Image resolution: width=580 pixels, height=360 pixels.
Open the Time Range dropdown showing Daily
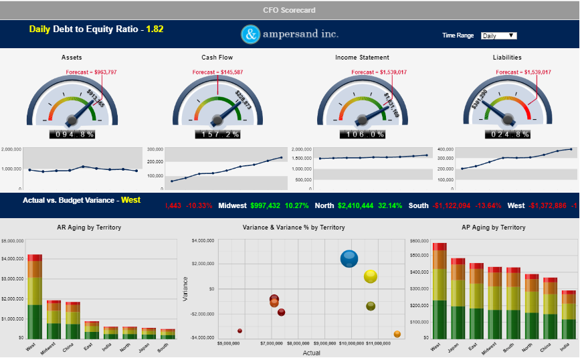coord(499,35)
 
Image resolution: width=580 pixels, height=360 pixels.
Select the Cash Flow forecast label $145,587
coord(217,72)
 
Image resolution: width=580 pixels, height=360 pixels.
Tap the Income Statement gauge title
coord(362,58)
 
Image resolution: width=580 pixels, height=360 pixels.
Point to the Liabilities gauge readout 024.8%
coord(507,134)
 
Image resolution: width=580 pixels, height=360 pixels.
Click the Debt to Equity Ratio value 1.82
coord(155,29)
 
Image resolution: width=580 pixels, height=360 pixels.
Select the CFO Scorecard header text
coord(289,10)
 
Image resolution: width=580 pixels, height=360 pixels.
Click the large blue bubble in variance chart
coord(349,258)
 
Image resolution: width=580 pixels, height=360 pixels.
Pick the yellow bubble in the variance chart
coord(371,276)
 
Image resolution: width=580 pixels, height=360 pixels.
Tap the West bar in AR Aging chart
coord(35,297)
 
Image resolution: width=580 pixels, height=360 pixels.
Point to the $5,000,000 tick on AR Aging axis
coord(13,238)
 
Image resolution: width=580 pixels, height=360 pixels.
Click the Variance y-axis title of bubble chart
coord(185,289)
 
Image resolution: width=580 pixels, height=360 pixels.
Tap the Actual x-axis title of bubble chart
coord(312,353)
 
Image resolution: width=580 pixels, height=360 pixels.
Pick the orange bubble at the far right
coord(397,334)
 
